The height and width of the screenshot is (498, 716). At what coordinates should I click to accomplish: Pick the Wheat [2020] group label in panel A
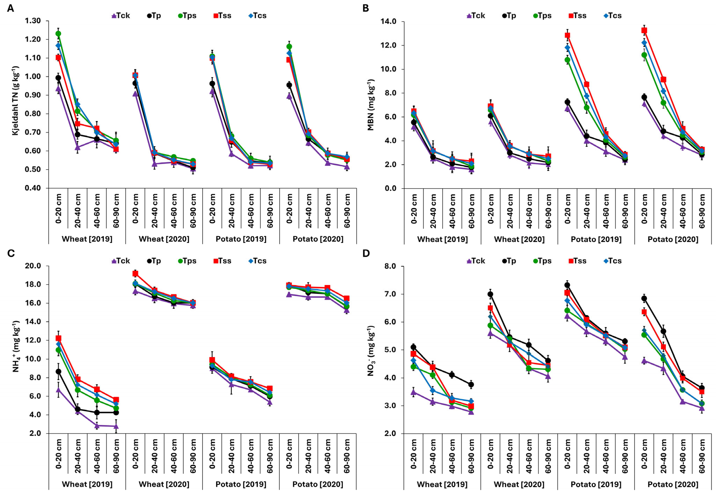coord(164,239)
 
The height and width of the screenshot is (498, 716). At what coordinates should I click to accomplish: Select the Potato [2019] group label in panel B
coord(596,239)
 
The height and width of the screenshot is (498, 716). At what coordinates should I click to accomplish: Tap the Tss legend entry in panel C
coord(222,261)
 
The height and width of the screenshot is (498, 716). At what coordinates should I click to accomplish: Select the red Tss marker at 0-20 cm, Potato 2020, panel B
coord(644,30)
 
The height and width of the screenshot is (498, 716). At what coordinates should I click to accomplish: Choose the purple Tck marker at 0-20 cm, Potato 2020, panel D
coord(644,361)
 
